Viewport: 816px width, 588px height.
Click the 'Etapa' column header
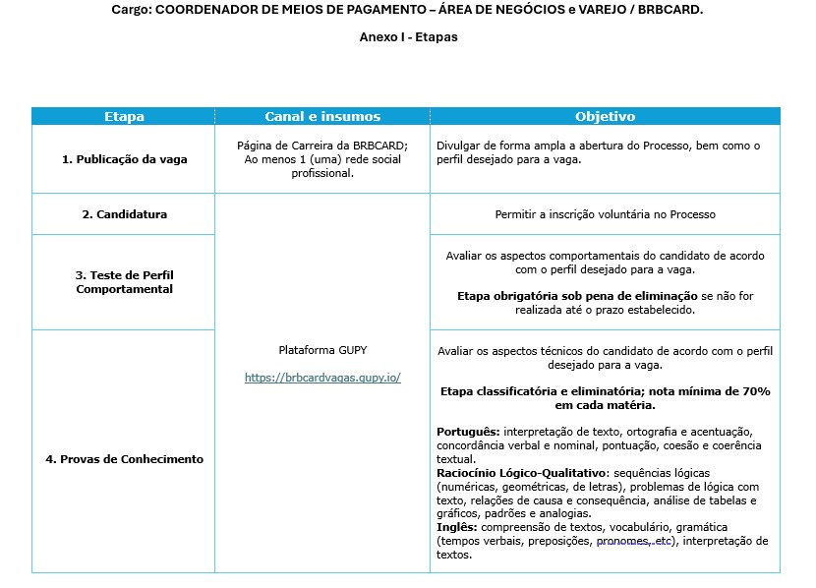pos(124,116)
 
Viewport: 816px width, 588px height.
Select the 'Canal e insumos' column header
pos(322,116)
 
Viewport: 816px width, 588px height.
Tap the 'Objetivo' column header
pos(605,116)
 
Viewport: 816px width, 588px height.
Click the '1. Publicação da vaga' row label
pos(124,159)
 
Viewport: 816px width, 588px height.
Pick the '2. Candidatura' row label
pos(124,214)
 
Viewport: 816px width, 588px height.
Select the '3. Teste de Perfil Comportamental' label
pos(124,282)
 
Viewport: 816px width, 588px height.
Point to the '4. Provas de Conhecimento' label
pos(124,459)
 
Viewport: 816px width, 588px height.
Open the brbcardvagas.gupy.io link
pos(322,378)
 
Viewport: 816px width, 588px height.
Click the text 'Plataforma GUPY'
pos(322,350)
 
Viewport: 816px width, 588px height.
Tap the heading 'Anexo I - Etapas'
pos(408,37)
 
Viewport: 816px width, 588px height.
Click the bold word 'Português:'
pos(468,432)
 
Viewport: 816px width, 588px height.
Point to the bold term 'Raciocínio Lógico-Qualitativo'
pos(521,473)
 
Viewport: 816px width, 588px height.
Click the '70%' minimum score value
pos(754,391)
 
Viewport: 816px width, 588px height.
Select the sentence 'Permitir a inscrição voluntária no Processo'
pos(605,214)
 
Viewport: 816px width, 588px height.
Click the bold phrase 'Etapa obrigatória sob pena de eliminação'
pos(577,296)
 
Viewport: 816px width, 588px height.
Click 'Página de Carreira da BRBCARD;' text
pos(322,146)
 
